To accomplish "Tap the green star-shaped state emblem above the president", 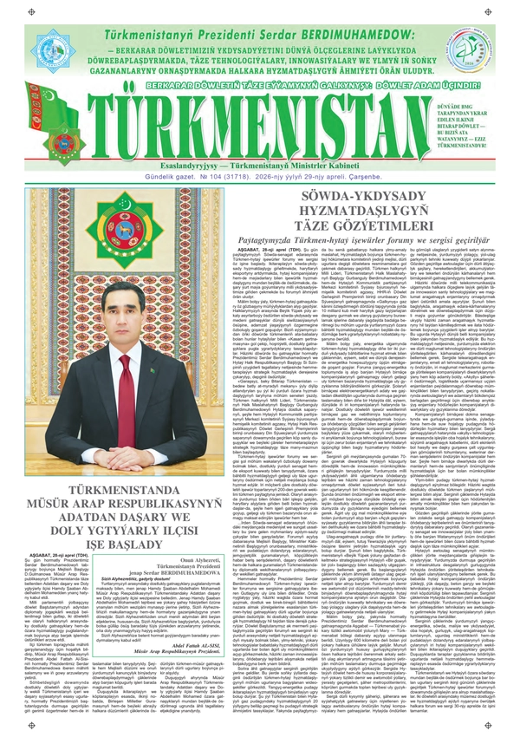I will tap(123, 231).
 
